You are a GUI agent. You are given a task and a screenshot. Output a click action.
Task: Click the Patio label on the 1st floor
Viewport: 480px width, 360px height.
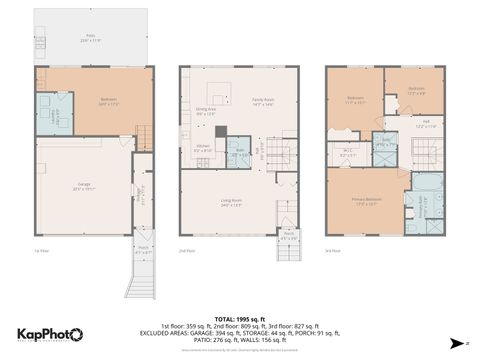[x=92, y=40]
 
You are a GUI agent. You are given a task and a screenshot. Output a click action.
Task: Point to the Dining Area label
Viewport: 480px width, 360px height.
[x=206, y=112]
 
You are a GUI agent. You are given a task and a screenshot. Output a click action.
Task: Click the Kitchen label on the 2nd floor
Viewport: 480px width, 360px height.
[x=202, y=150]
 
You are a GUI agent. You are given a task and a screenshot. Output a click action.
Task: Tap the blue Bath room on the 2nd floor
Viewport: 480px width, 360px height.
[x=239, y=155]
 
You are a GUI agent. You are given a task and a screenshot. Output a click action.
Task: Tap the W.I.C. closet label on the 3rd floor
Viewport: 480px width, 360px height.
[x=347, y=154]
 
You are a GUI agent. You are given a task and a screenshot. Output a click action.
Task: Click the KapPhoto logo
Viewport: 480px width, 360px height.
[x=50, y=335]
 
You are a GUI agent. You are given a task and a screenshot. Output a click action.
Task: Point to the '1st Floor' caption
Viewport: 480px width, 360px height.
[x=42, y=251]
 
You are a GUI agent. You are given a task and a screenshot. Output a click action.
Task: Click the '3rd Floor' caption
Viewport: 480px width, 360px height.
[x=333, y=251]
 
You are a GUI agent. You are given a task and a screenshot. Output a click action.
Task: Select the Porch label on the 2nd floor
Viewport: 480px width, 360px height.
[x=288, y=238]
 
